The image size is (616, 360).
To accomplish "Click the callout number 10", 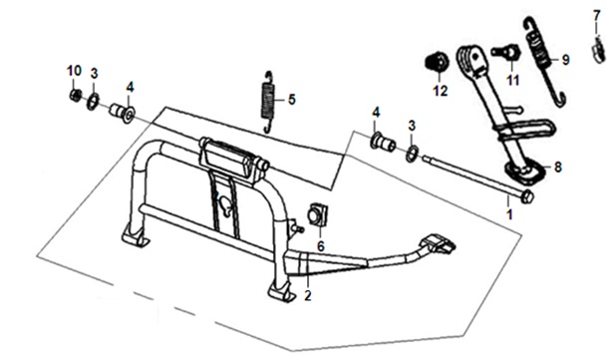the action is pos(74,71).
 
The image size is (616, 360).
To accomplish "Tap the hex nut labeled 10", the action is pos(76,95).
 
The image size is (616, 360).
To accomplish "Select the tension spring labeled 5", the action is pos(268,102).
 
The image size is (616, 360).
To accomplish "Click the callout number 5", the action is pos(291,100).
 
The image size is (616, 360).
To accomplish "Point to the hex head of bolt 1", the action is pos(527,196).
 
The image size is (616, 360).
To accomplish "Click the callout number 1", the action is pos(509,214).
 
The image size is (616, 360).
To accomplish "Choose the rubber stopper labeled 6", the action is pos(318,215).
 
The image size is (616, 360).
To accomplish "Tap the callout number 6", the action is pos(321,246).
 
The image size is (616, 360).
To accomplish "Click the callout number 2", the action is pos(308,295).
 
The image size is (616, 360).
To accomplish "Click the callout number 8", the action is pos(558,168).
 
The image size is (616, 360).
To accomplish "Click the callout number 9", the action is pos(565,60).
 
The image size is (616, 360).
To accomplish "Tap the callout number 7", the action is pos(597,16).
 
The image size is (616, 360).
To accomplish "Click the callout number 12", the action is pos(441,91).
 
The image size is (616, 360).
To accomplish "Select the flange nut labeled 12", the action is pos(438,62).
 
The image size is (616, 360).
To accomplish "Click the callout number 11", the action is pos(512,81).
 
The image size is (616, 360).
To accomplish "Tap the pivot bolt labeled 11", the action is pos(506,52).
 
